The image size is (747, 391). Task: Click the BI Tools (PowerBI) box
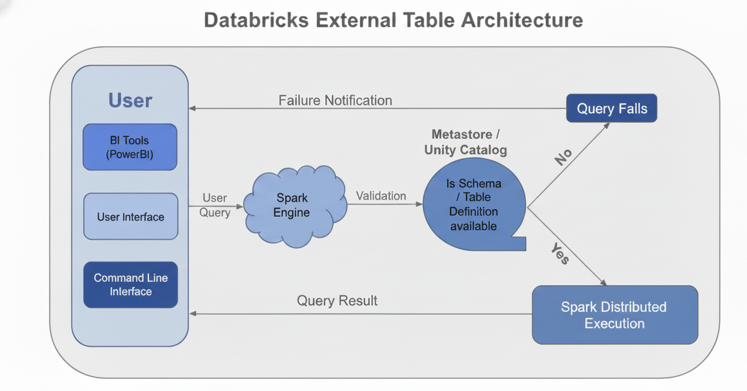130,147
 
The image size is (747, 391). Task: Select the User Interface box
131,216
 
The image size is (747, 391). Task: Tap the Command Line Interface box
131,285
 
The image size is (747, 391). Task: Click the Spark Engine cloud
292,206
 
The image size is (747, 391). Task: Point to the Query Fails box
612,108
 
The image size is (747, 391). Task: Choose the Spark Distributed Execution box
614,315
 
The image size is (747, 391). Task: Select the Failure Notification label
335,100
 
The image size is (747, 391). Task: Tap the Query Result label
337,301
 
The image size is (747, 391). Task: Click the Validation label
381,195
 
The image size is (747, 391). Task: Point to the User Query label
215,205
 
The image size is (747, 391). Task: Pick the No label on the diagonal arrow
563,157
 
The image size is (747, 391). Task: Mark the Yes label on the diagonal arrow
560,253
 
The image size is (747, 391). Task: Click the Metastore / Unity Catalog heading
465,142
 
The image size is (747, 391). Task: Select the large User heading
130,100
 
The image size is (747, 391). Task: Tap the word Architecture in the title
522,20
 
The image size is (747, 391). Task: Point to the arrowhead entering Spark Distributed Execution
604,282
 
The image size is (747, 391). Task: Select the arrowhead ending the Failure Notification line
192,108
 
